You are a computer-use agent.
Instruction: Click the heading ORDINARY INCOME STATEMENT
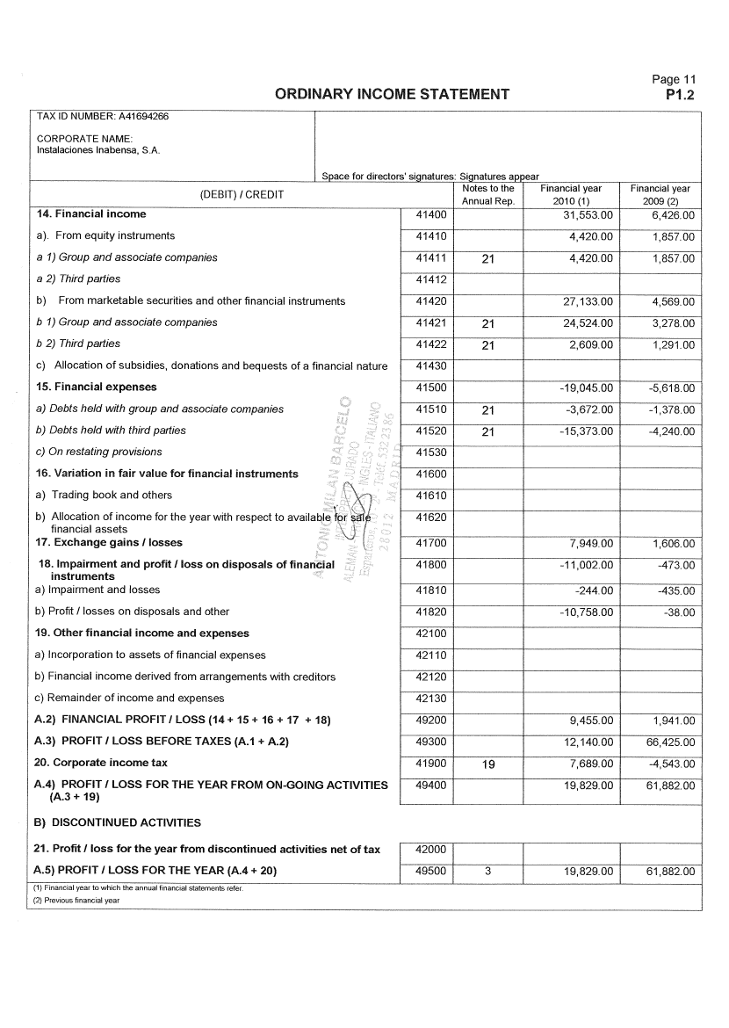point(392,94)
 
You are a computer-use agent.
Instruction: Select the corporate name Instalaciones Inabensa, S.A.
point(97,150)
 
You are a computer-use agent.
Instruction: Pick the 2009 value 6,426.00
point(674,214)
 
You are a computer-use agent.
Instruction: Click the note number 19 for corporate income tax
point(488,764)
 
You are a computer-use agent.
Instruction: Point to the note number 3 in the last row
point(488,872)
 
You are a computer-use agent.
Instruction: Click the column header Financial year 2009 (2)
point(660,194)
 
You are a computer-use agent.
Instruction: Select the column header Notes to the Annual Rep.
point(487,194)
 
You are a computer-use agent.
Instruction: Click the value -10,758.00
point(586,612)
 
